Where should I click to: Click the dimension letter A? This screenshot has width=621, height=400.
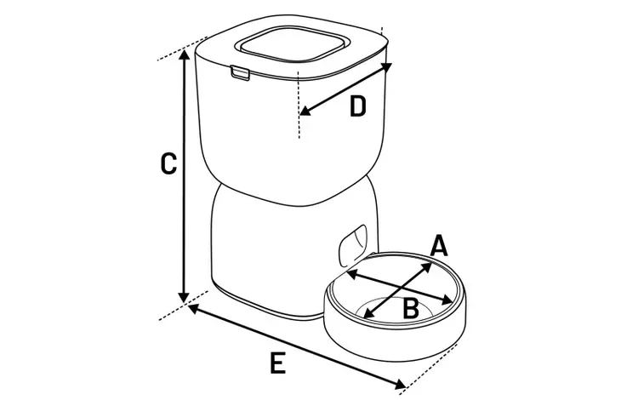437,246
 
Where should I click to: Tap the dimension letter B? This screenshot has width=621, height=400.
410,308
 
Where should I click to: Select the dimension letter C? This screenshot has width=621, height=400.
168,163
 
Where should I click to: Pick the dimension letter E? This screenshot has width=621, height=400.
277,363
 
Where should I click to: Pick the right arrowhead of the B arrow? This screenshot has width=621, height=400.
449,300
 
